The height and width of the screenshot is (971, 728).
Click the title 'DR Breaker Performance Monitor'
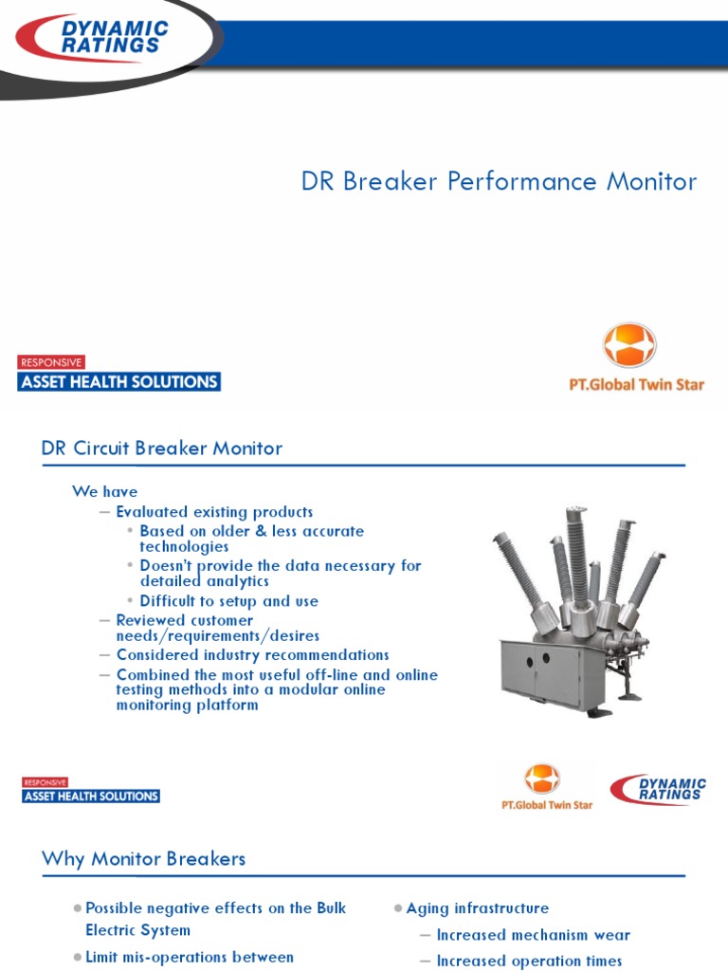coord(499,181)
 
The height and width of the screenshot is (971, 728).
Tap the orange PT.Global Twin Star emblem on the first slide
coord(629,345)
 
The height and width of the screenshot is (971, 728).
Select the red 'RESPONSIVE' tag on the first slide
coord(51,362)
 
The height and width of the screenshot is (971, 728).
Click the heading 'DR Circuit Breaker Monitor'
coord(162,448)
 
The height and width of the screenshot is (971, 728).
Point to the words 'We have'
coord(105,491)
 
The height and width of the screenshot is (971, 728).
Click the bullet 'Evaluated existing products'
coord(214,512)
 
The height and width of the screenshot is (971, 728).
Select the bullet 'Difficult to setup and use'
coord(228,601)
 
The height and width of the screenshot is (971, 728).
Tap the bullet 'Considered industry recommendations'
coord(252,655)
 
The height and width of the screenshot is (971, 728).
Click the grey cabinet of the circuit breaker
coord(541,672)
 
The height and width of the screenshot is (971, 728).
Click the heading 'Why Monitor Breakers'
coord(143,859)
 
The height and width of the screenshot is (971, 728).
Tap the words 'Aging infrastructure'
coord(477,908)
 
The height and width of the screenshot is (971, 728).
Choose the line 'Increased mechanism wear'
coord(533,935)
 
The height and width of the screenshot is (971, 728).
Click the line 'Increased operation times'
coord(529,961)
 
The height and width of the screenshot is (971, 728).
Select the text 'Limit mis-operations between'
coord(190,957)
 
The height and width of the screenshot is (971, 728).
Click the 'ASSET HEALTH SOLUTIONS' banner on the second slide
coord(91,797)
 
